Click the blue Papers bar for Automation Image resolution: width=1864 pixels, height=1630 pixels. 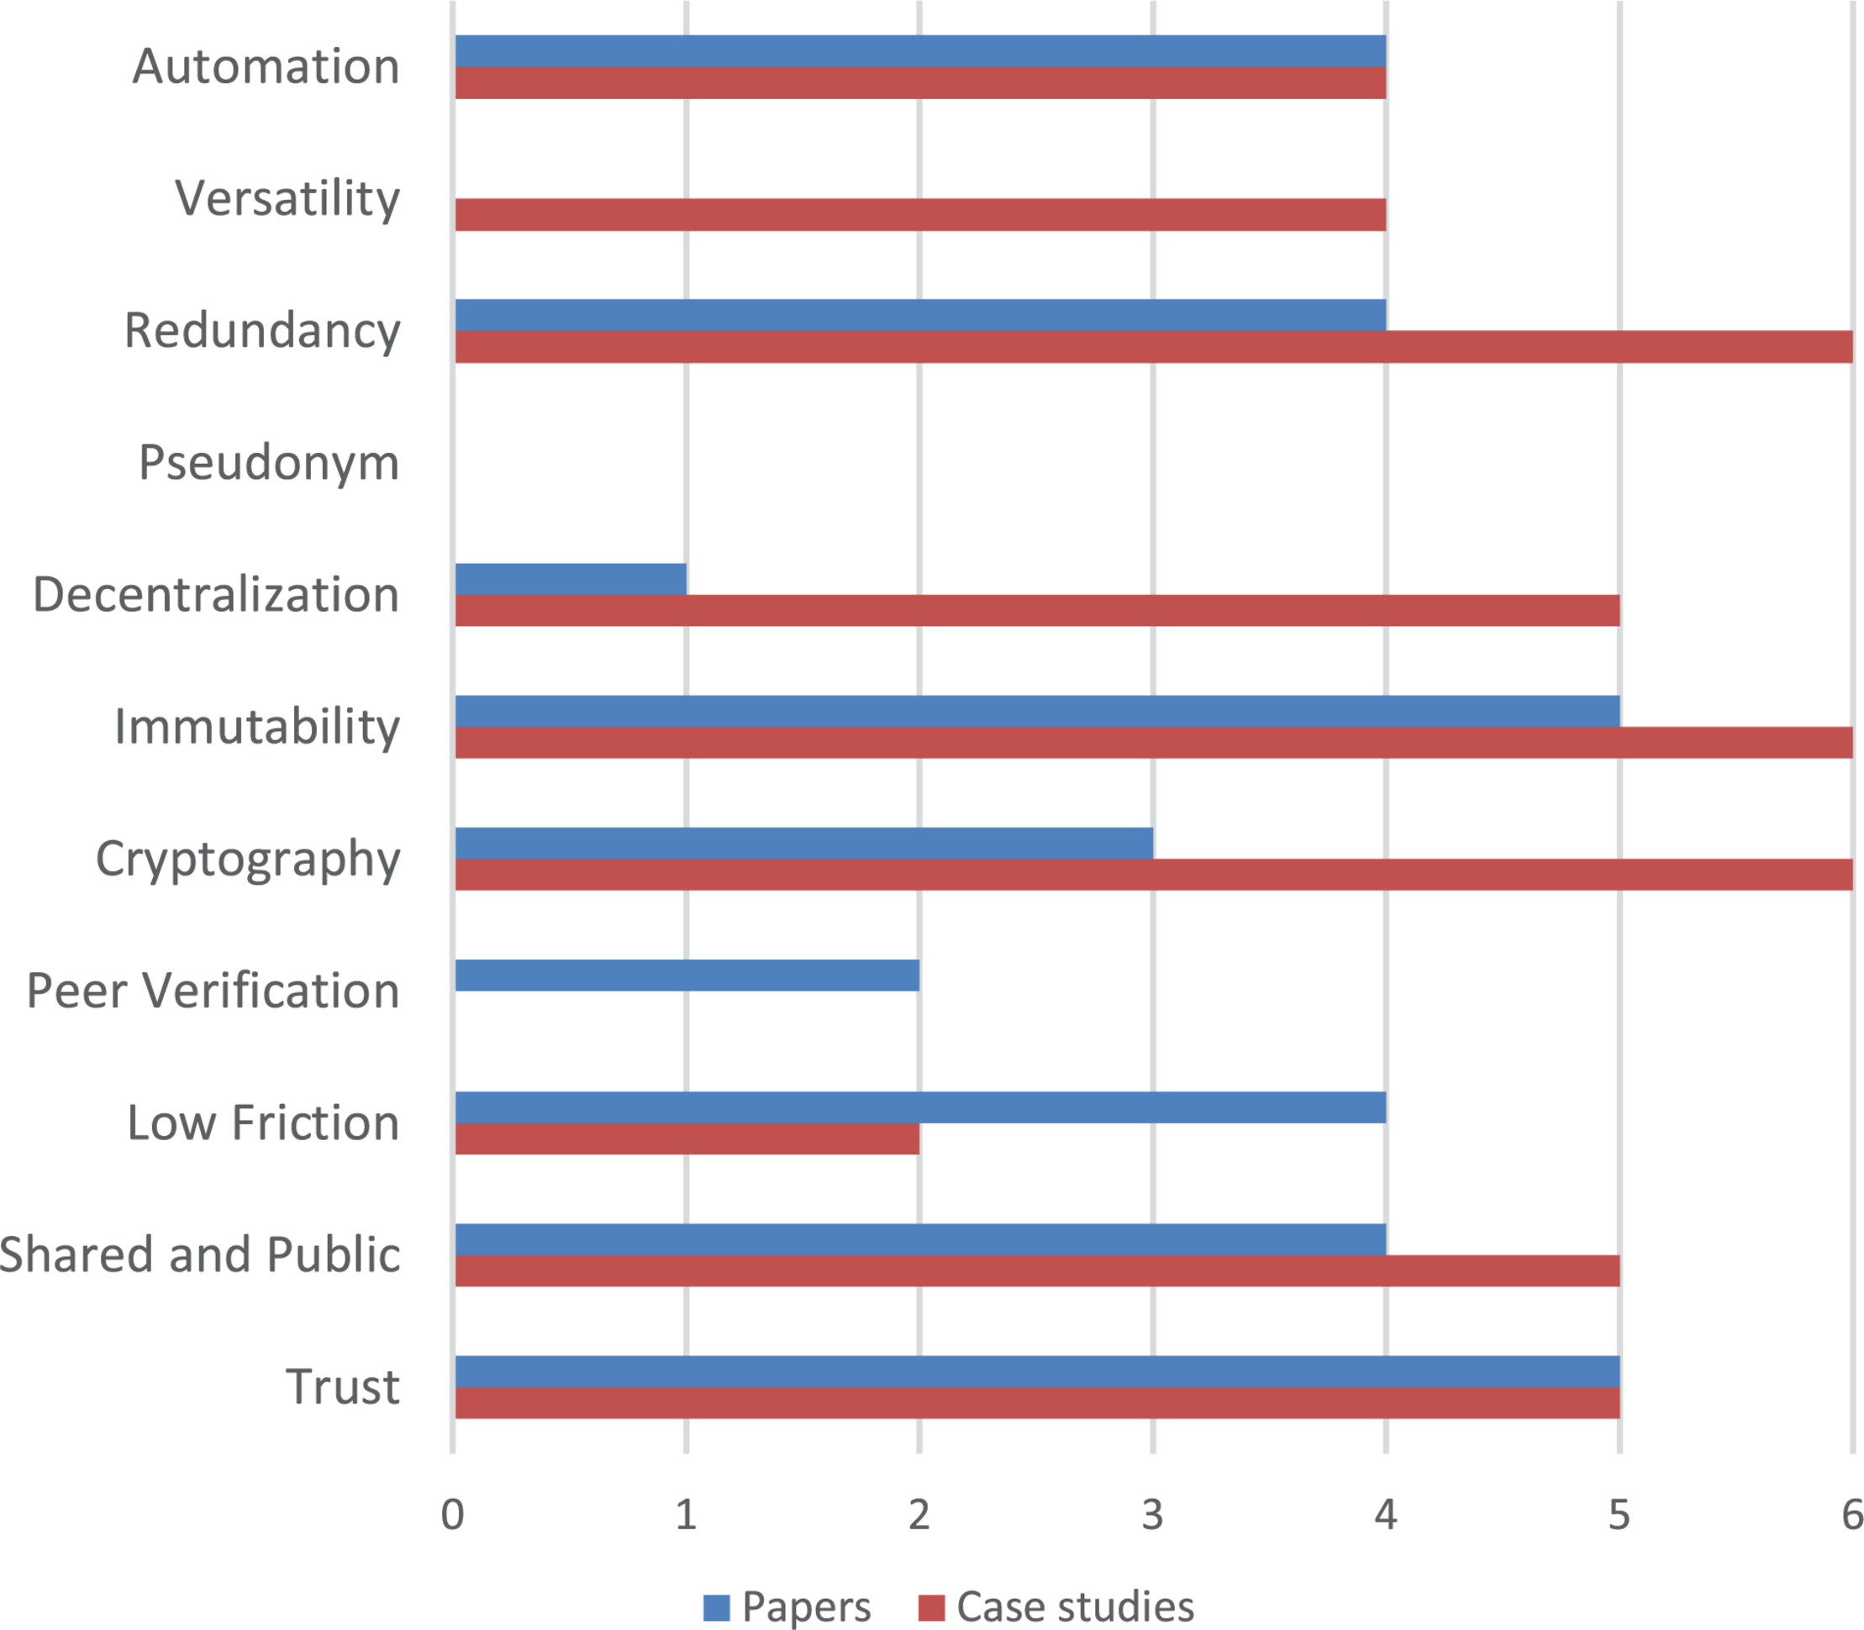[x=919, y=51]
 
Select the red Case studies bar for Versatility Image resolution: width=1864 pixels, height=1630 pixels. [x=919, y=214]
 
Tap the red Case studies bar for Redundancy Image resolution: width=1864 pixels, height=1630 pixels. [x=1153, y=346]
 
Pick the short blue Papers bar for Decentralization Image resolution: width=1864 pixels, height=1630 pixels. [x=571, y=579]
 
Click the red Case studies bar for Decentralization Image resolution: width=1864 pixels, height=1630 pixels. [x=1036, y=610]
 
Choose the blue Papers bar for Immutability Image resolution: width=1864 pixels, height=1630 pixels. [x=1036, y=711]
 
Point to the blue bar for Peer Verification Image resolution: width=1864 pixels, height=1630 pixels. [x=687, y=975]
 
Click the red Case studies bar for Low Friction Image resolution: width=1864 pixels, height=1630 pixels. [x=687, y=1138]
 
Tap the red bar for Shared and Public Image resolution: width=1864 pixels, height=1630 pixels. [x=1036, y=1270]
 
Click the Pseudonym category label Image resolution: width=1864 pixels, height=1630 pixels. [x=268, y=463]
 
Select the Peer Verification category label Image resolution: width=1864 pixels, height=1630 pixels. [x=213, y=991]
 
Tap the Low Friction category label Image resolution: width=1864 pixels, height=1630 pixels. [x=263, y=1123]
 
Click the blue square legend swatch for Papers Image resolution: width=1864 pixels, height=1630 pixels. [x=716, y=1607]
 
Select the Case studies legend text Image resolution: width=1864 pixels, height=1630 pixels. [x=1074, y=1607]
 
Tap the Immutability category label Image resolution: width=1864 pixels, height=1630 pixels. [x=256, y=727]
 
